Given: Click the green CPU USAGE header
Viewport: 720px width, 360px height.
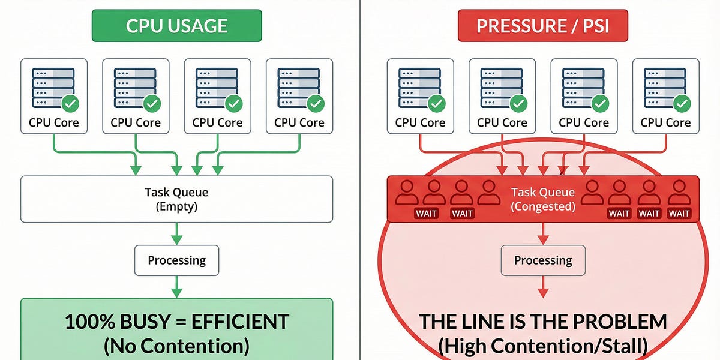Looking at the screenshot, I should [176, 26].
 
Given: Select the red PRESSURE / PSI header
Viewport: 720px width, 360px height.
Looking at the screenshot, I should [543, 26].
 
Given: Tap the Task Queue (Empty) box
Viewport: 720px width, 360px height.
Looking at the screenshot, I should [176, 199].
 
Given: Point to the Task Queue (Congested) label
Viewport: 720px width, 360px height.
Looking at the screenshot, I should [543, 199].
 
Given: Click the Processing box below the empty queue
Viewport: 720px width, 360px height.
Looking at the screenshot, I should [176, 260].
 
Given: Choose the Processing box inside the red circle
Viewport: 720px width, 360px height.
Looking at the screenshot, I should [543, 260].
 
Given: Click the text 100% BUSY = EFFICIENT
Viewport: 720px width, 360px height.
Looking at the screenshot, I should [176, 322].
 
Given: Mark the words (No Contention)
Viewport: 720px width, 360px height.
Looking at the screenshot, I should [176, 346].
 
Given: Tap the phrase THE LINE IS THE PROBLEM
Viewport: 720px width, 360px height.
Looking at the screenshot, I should [543, 322].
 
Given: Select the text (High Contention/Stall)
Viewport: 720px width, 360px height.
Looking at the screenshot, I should [543, 346].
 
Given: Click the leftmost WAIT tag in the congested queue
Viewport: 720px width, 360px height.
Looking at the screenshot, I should [426, 213].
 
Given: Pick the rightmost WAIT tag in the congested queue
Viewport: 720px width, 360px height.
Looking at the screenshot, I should [679, 213].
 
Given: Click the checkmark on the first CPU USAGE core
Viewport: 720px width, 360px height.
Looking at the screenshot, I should [71, 104].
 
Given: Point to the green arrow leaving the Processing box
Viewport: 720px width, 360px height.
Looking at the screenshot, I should [176, 286].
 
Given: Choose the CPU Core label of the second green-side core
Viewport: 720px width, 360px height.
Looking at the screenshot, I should [136, 123].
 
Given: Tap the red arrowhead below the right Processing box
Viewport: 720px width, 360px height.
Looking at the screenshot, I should [543, 293].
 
